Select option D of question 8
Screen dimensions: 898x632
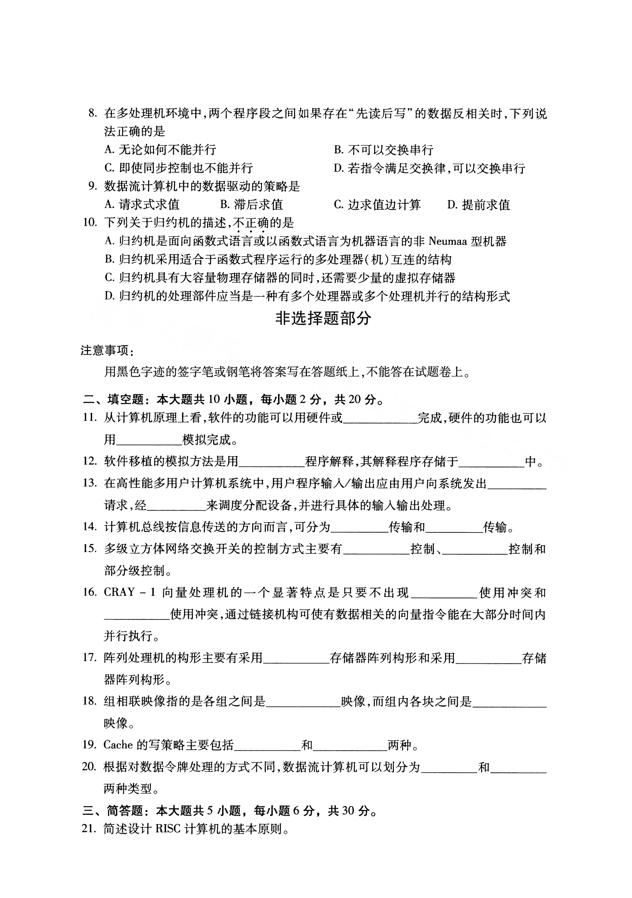tap(429, 168)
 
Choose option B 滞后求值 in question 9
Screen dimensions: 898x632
tap(251, 205)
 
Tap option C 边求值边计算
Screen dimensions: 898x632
tap(377, 205)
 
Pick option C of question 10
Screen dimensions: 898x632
tap(280, 278)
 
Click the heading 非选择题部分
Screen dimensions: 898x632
tap(323, 318)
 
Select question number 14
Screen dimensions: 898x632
tap(90, 527)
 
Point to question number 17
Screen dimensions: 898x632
tap(90, 657)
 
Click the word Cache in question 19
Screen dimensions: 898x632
tap(118, 745)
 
